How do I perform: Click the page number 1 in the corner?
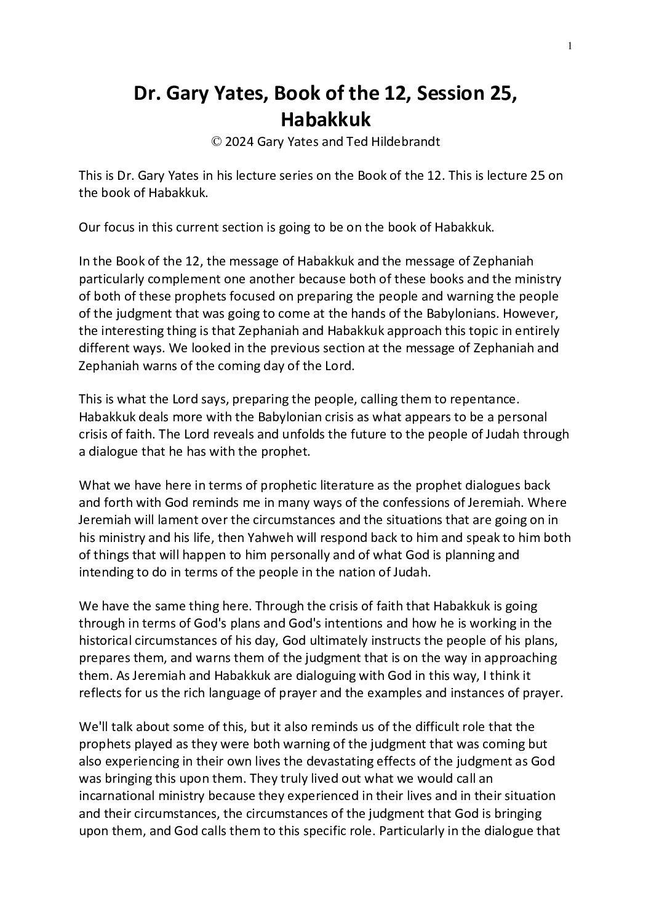(570, 45)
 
